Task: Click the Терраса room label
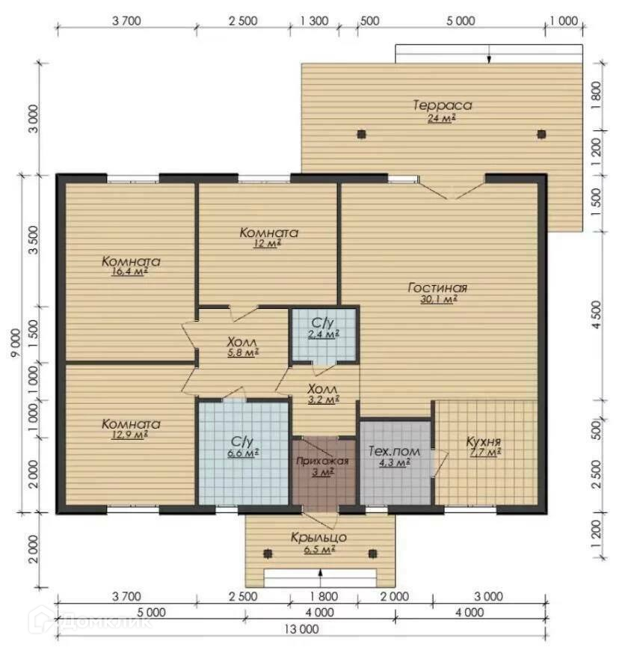point(442,105)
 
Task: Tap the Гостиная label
point(437,288)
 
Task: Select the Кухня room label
point(484,442)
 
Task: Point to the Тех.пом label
point(394,452)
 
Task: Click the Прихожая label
point(322,461)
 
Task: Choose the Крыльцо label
point(318,537)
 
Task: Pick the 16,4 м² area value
point(130,272)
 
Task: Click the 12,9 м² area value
point(130,435)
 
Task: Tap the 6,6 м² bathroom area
point(243,453)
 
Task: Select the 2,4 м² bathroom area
point(324,334)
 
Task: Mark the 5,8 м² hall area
point(243,353)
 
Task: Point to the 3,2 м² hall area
point(324,399)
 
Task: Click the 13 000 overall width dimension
point(301,629)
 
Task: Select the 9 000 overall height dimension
point(16,343)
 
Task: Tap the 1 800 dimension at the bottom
point(324,596)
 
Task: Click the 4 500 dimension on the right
point(596,315)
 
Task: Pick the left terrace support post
point(361,134)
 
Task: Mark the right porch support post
point(372,554)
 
